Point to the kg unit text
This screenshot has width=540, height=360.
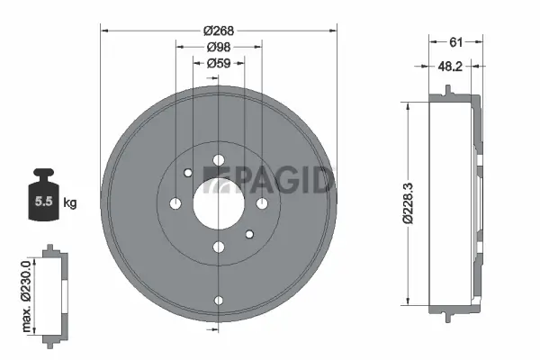(70, 202)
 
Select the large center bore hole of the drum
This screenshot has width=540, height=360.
(218, 203)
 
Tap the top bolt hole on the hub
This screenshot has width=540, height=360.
(218, 160)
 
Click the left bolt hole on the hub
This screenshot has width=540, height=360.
(175, 203)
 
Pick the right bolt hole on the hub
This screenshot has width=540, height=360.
(261, 203)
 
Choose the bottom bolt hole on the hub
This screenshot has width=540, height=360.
(218, 247)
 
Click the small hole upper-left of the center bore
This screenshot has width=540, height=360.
(187, 173)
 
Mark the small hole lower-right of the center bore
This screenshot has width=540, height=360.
(249, 234)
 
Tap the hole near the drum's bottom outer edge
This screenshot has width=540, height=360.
(218, 301)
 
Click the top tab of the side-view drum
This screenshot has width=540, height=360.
(446, 90)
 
